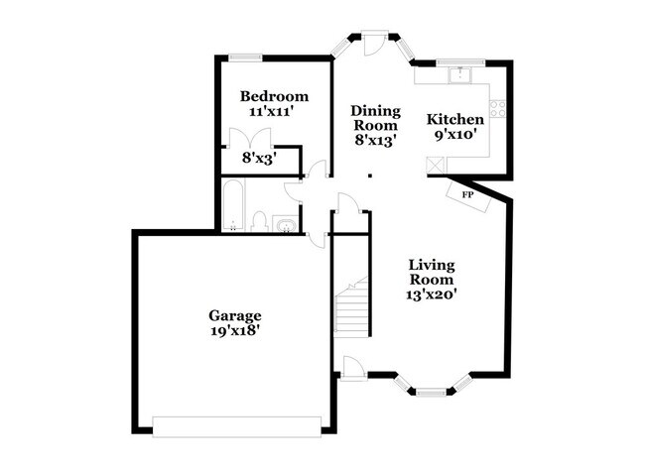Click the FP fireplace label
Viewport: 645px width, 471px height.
tap(467, 194)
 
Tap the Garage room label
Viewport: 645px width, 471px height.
tap(235, 315)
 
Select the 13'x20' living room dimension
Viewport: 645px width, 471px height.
tap(432, 294)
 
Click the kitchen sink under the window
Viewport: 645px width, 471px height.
tap(460, 74)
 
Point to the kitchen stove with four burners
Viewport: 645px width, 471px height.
tap(498, 108)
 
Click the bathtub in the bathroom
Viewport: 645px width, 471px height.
tap(233, 204)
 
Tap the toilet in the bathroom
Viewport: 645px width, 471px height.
tap(260, 221)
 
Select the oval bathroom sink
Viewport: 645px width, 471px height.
tap(287, 226)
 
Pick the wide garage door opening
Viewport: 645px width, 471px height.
tap(237, 426)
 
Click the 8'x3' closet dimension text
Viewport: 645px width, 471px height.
tap(259, 158)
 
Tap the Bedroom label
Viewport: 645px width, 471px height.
tap(274, 96)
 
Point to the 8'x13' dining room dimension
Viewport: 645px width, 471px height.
tap(375, 140)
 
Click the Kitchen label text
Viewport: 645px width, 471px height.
tap(454, 119)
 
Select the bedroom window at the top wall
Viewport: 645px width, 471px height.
tap(245, 58)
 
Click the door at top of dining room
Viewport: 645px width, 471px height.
tap(374, 44)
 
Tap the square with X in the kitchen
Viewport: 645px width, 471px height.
tap(437, 166)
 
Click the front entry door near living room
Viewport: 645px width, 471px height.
tap(353, 368)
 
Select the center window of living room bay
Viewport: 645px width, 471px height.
tap(431, 392)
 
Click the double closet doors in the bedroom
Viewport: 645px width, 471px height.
tap(250, 138)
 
